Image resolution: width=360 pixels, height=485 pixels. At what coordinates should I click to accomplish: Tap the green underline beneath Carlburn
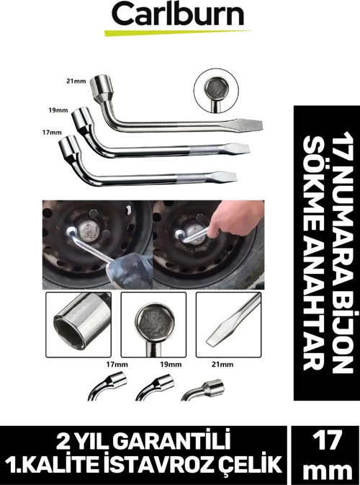pos(177,32)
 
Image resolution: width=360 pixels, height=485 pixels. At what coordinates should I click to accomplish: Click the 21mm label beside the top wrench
pos(76,81)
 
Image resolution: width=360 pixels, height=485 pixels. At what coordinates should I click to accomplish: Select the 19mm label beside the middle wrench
pos(58,110)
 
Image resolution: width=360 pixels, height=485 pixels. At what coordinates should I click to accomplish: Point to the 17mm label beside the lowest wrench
pos(52,133)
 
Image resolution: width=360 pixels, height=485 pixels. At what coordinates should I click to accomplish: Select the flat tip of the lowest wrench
pos(225,177)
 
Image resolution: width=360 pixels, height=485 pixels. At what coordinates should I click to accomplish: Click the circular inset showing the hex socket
pos(216,90)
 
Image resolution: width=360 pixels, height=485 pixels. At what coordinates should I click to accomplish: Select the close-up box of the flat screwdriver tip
pos(229,325)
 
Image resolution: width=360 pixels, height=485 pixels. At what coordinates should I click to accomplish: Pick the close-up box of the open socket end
pos(78,325)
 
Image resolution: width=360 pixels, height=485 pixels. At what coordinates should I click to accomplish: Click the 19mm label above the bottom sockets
pos(171,365)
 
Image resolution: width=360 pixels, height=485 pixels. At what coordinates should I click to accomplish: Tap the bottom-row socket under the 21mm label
pos(204,391)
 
